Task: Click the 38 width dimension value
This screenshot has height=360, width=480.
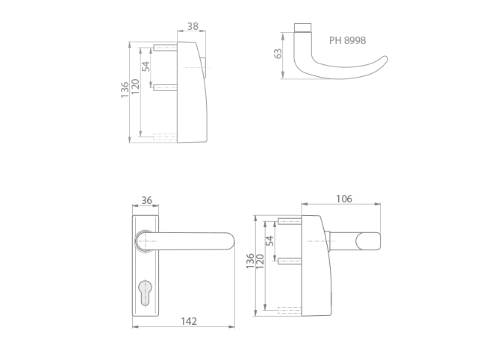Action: pos(193,26)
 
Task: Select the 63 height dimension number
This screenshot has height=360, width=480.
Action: pos(278,54)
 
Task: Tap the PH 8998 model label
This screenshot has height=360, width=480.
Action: pos(347,40)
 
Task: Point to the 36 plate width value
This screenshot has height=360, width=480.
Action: pos(146,200)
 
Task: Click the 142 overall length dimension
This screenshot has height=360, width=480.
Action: pos(189,321)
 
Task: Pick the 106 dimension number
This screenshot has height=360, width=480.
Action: pos(344,199)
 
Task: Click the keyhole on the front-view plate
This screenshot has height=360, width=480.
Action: pos(145,293)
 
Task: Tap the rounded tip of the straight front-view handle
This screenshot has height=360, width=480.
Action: pos(230,241)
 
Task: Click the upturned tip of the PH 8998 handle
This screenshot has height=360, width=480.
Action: pos(384,59)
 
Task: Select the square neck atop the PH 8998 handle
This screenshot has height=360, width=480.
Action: pos(303,28)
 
